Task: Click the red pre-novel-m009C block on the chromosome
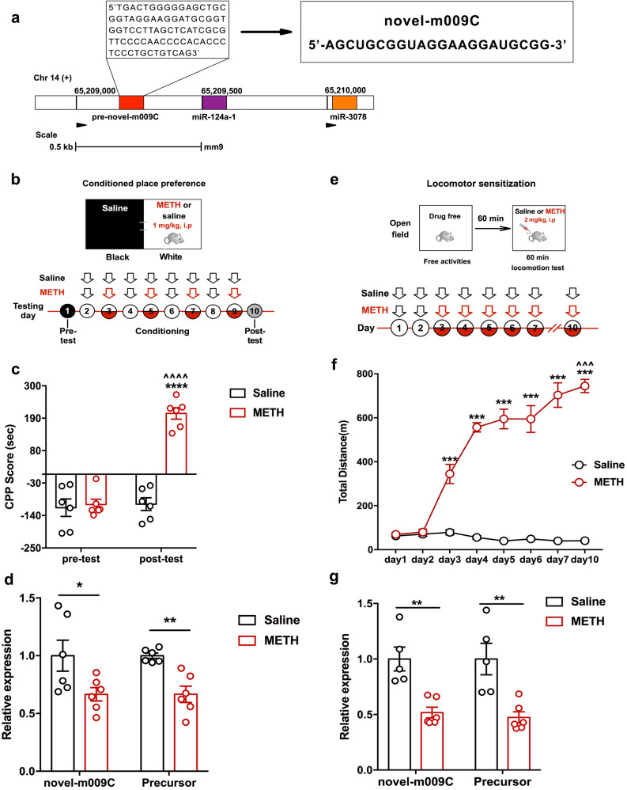point(131,102)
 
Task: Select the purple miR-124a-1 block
point(214,102)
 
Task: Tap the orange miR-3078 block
point(345,102)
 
